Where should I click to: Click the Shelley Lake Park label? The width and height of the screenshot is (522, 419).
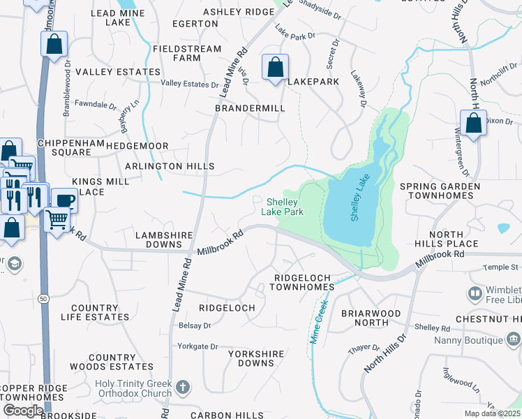(282, 207)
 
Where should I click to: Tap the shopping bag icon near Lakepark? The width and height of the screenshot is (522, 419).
(276, 68)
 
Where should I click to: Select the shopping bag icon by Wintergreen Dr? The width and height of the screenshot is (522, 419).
(473, 123)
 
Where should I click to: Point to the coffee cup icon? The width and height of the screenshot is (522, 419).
(65, 200)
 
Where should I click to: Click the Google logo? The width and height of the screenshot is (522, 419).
(23, 411)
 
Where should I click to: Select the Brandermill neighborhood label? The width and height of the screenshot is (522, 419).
(250, 109)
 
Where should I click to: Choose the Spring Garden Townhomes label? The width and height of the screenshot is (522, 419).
(440, 191)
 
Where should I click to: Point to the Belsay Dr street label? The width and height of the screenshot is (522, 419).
(194, 325)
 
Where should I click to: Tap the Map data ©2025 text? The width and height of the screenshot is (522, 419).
(493, 413)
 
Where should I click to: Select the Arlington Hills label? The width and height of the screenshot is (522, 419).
(170, 167)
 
